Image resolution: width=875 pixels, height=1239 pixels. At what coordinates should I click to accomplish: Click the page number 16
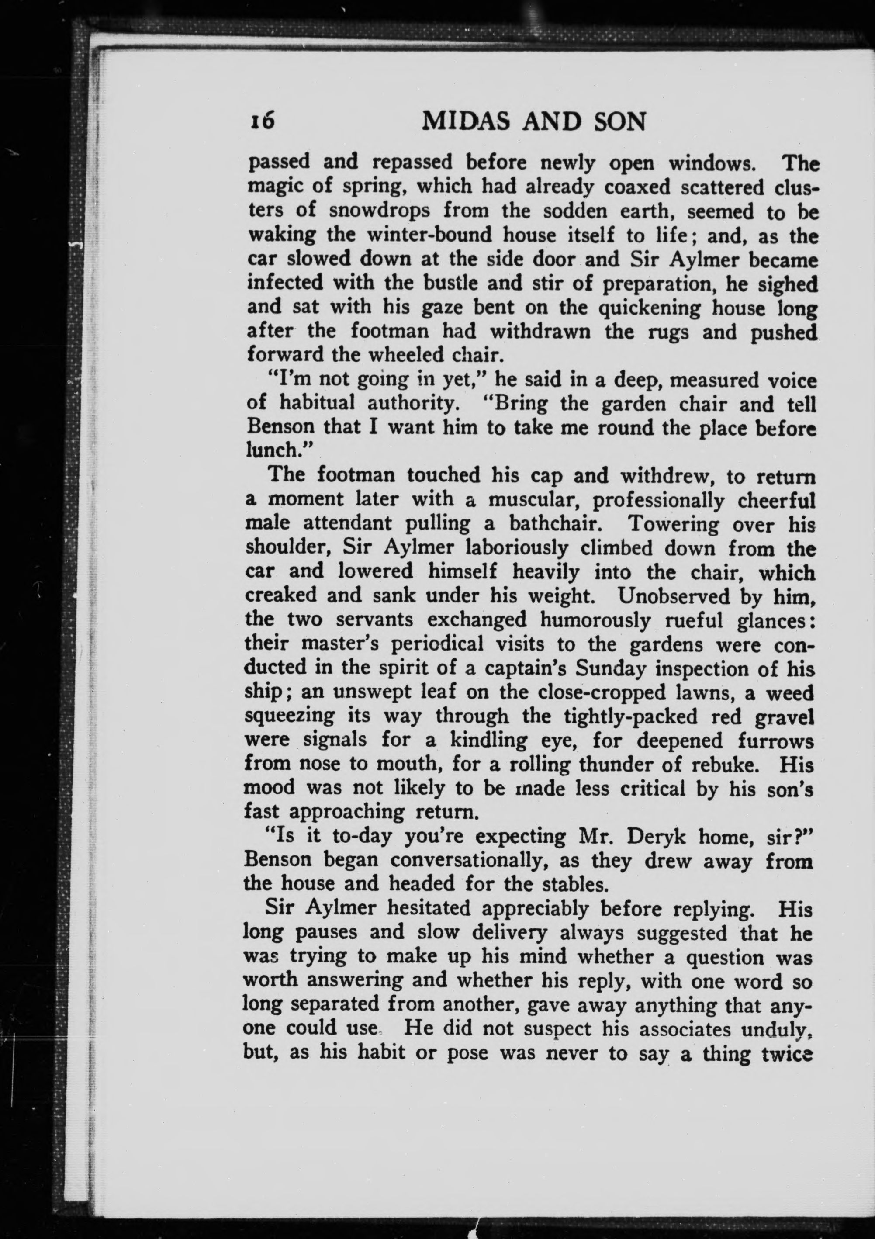262,121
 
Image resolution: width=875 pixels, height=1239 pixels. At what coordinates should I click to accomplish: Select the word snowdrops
379,211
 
